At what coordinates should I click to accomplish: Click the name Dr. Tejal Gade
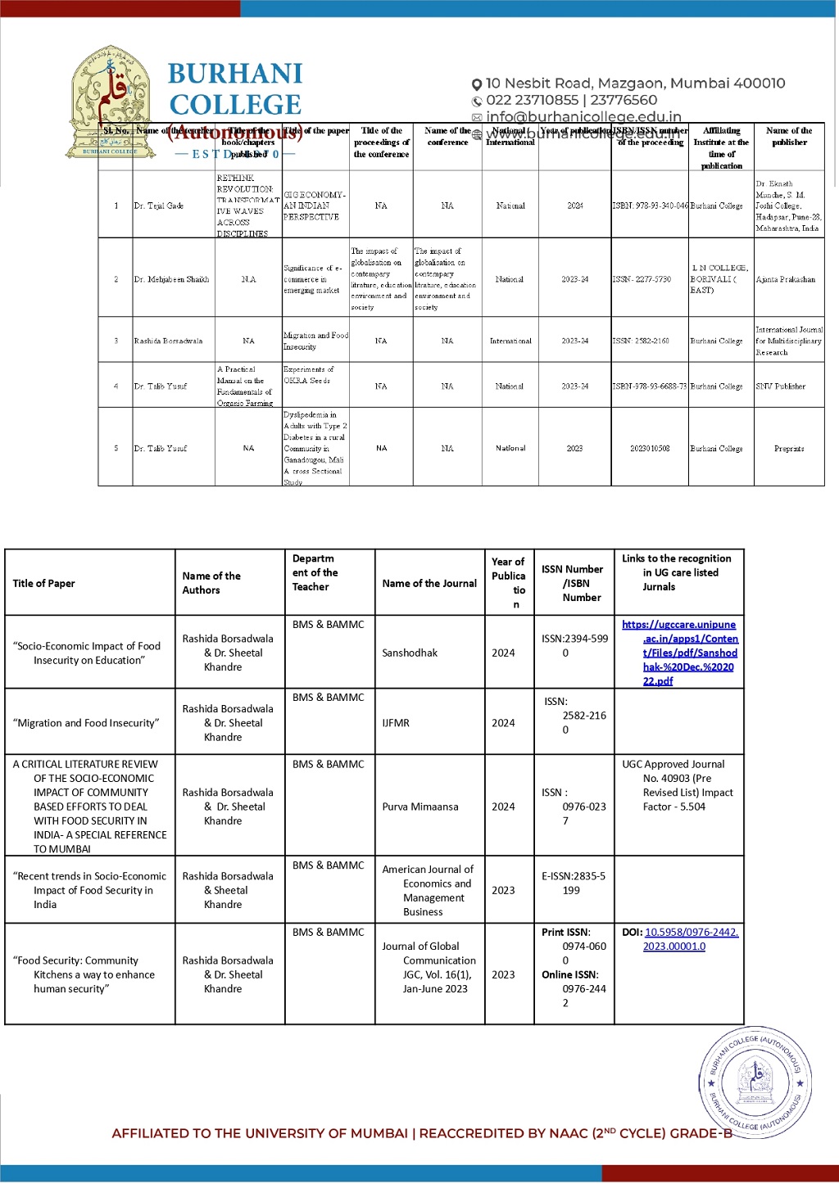159,206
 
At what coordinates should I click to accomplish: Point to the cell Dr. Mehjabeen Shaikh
171,279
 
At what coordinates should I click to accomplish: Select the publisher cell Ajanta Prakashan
785,279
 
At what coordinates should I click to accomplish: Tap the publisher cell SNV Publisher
780,386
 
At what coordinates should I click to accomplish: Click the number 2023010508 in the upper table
650,449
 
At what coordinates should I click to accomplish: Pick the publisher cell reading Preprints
788,449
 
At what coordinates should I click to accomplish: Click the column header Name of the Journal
429,584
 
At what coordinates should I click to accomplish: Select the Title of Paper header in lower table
44,584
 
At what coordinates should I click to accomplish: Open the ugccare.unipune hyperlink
679,653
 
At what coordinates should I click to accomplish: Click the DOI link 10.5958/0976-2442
691,939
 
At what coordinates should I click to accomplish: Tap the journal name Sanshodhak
410,653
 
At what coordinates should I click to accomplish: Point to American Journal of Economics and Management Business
429,890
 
